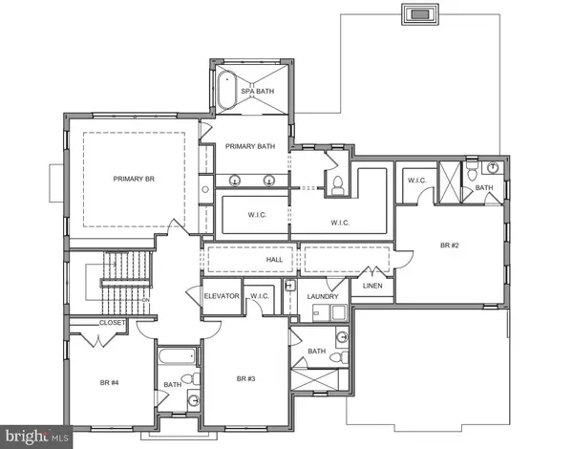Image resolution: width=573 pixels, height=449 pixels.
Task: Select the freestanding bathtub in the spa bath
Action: pos(227,92)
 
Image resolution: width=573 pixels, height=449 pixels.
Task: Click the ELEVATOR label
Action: pos(222,296)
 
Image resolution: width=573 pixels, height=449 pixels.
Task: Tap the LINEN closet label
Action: pos(372,286)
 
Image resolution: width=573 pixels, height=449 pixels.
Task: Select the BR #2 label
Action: pos(451,246)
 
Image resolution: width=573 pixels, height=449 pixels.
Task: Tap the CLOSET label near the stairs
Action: pos(112,323)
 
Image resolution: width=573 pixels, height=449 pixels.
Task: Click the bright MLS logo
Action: pos(36,436)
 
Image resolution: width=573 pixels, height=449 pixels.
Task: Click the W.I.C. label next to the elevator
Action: pos(261,296)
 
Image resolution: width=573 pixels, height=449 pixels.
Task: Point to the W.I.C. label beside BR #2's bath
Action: pos(416,180)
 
